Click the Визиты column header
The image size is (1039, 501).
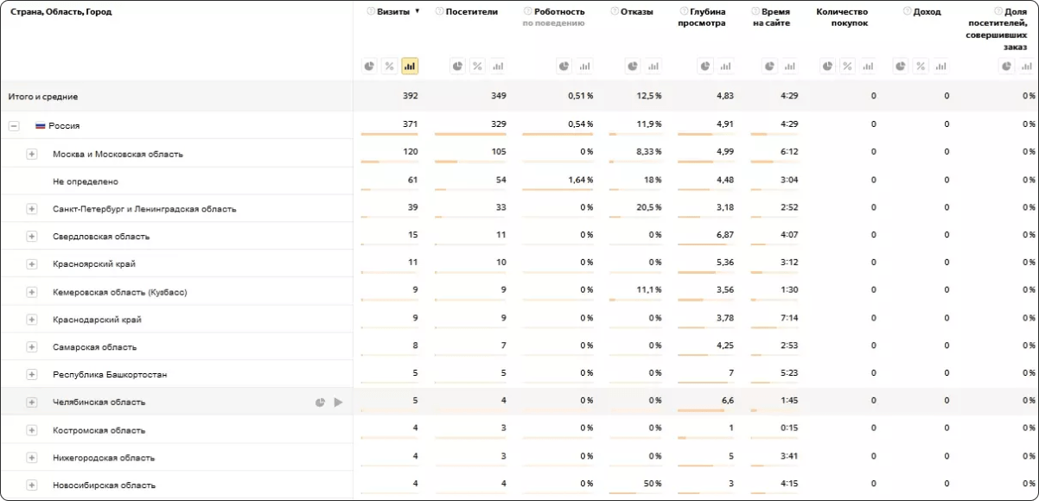click(393, 12)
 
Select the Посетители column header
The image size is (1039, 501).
click(471, 12)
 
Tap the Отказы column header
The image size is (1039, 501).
click(636, 12)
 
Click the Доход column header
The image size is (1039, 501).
click(927, 12)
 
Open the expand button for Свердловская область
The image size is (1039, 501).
click(32, 237)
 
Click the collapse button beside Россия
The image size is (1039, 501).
click(14, 126)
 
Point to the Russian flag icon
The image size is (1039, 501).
click(40, 126)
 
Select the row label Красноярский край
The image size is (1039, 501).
click(94, 264)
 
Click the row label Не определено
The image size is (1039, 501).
click(85, 181)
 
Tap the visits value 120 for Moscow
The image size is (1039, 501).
click(410, 152)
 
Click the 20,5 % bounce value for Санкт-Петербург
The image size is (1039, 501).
click(648, 207)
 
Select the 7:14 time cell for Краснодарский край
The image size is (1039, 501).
click(787, 318)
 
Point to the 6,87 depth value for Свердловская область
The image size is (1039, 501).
click(724, 235)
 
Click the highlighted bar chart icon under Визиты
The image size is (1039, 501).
click(410, 66)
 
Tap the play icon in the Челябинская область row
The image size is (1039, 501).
click(338, 403)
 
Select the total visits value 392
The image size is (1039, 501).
click(410, 96)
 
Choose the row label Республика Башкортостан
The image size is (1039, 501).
click(110, 375)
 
